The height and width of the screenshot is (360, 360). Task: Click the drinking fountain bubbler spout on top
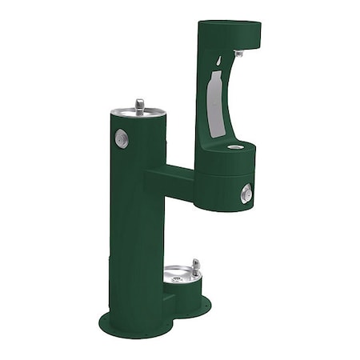[x=140, y=104]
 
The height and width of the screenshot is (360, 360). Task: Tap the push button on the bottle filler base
[x=246, y=193]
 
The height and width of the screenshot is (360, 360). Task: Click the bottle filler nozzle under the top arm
[x=239, y=54]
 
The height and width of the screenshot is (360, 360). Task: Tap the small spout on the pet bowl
[x=196, y=266]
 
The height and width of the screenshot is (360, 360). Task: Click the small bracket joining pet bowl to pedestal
[x=167, y=300]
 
